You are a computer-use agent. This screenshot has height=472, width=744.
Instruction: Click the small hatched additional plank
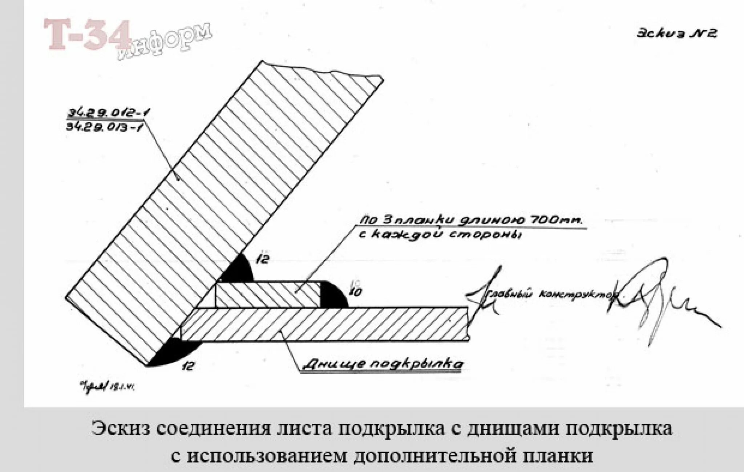coord(267,295)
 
